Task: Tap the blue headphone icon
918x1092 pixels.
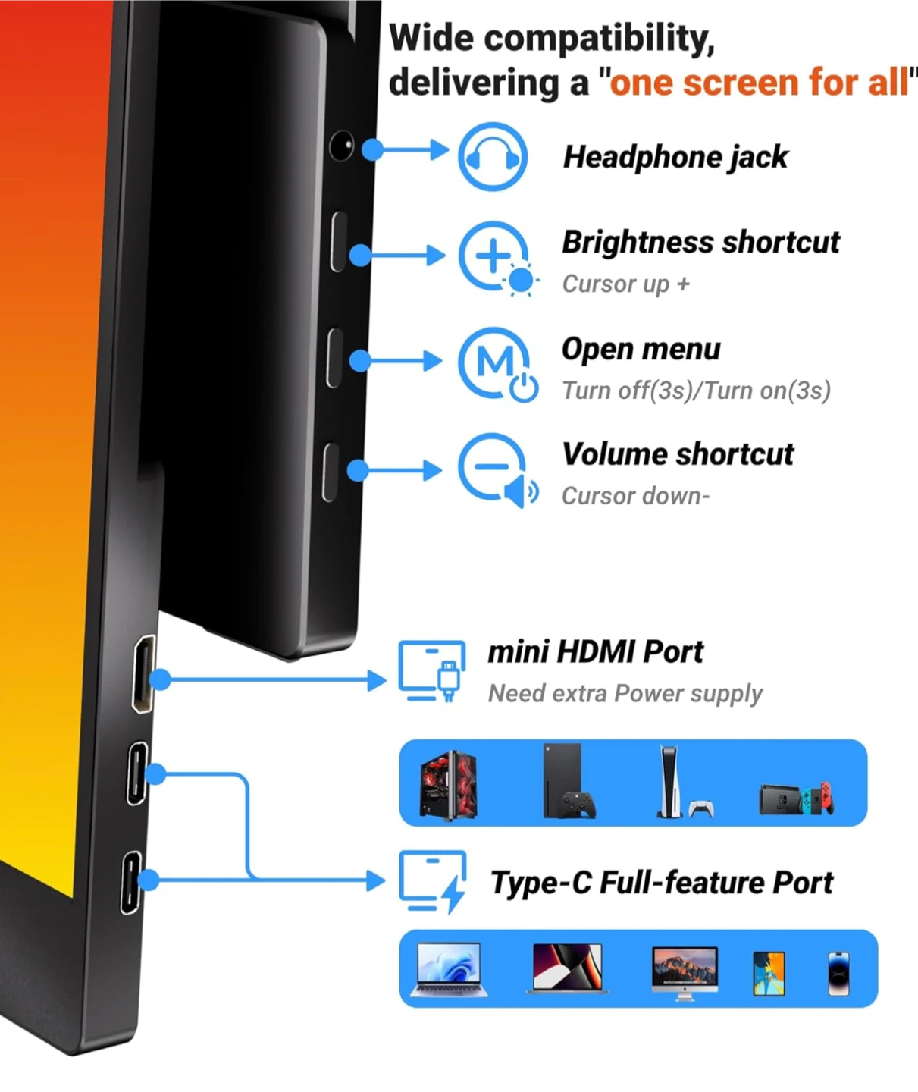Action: click(x=493, y=156)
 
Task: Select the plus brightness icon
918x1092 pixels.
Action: click(x=498, y=259)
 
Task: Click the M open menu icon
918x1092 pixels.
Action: click(x=497, y=365)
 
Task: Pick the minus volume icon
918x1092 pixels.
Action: click(x=497, y=470)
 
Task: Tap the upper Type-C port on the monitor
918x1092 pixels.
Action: click(x=137, y=774)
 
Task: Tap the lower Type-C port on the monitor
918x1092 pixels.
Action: click(x=130, y=883)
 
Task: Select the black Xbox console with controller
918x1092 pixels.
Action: click(x=569, y=781)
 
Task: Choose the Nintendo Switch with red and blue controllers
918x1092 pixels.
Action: click(x=796, y=799)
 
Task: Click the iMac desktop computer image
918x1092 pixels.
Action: click(x=685, y=973)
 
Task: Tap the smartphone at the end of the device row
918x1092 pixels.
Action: click(x=839, y=974)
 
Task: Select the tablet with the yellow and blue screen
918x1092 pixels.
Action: click(x=769, y=974)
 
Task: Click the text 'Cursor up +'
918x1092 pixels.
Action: click(x=625, y=284)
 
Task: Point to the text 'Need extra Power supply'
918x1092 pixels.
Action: click(x=625, y=693)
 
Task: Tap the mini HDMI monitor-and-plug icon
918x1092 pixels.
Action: click(x=432, y=671)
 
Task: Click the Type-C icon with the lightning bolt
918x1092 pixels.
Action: click(x=432, y=882)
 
